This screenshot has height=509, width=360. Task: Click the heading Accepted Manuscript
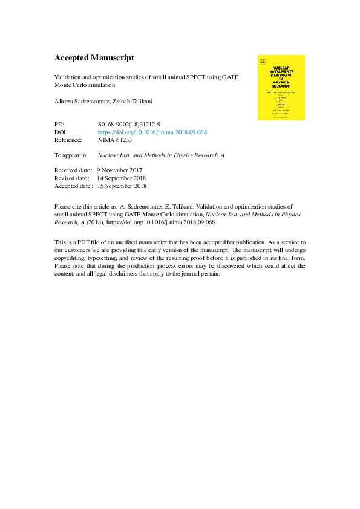[94, 58]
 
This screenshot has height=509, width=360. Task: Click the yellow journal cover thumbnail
[281, 88]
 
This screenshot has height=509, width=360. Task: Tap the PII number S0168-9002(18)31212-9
[129, 123]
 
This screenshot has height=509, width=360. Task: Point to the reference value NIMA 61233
[115, 140]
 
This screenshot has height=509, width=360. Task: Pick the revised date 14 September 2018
[121, 178]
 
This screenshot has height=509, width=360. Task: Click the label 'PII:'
[60, 123]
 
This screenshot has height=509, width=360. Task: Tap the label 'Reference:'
[68, 140]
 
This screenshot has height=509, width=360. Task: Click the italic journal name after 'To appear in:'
[161, 155]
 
